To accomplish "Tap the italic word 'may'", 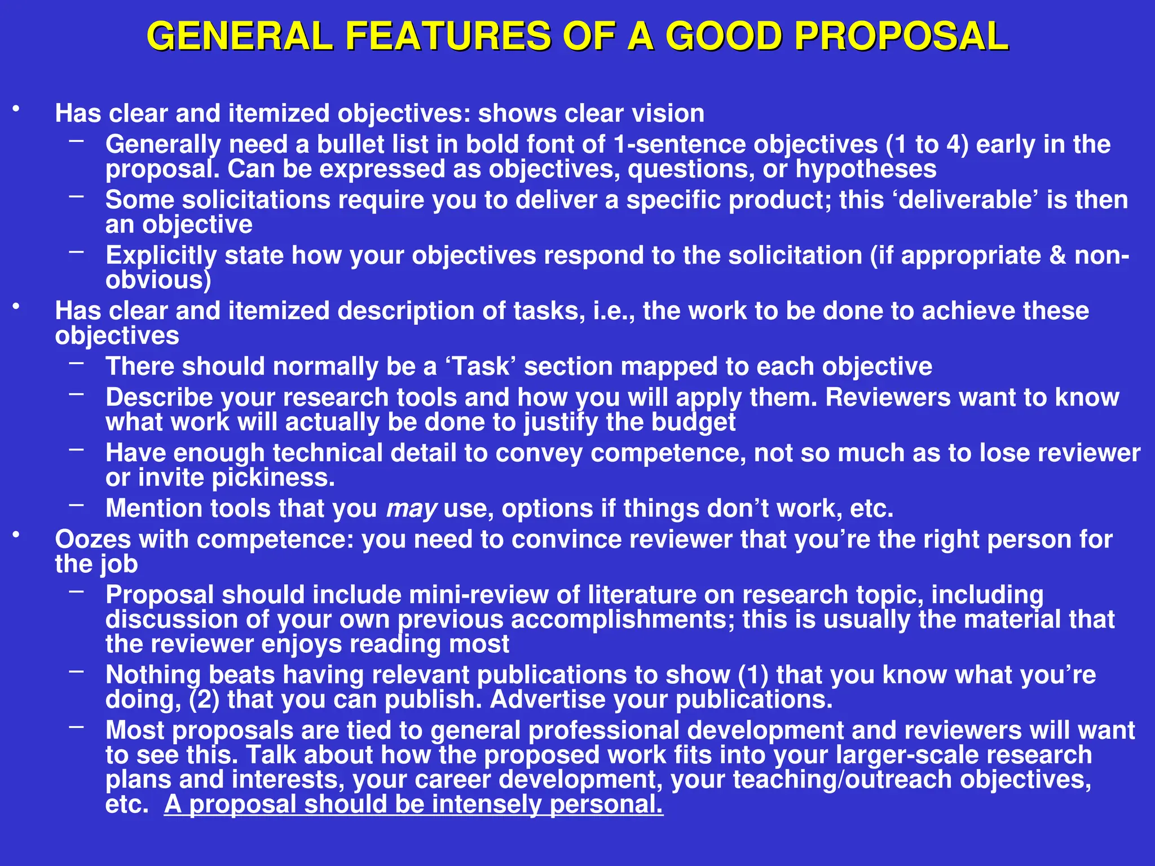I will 411,509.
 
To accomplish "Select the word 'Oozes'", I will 92,540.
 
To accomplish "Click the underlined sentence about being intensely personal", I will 413,805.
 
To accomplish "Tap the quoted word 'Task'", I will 480,366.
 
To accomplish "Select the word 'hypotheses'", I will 866,169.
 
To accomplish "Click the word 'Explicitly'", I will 161,256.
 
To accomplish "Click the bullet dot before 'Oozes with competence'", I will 17,534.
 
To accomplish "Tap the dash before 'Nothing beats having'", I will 77,671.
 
